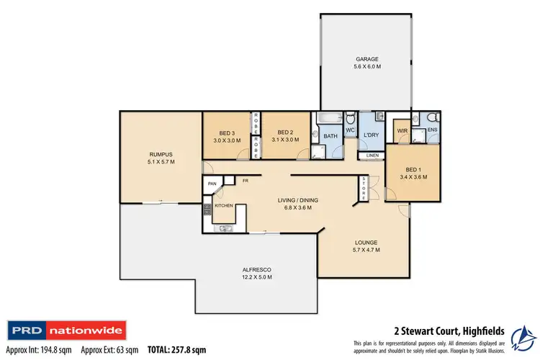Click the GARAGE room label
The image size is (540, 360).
(366, 59)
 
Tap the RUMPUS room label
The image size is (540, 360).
(161, 154)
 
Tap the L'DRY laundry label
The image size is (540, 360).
(371, 135)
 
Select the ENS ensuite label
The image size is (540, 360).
(432, 130)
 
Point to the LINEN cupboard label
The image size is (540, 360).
(372, 156)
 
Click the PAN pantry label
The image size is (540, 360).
(212, 184)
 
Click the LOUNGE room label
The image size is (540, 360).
(366, 243)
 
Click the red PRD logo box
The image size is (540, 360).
(25, 332)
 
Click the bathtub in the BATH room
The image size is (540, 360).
(325, 118)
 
